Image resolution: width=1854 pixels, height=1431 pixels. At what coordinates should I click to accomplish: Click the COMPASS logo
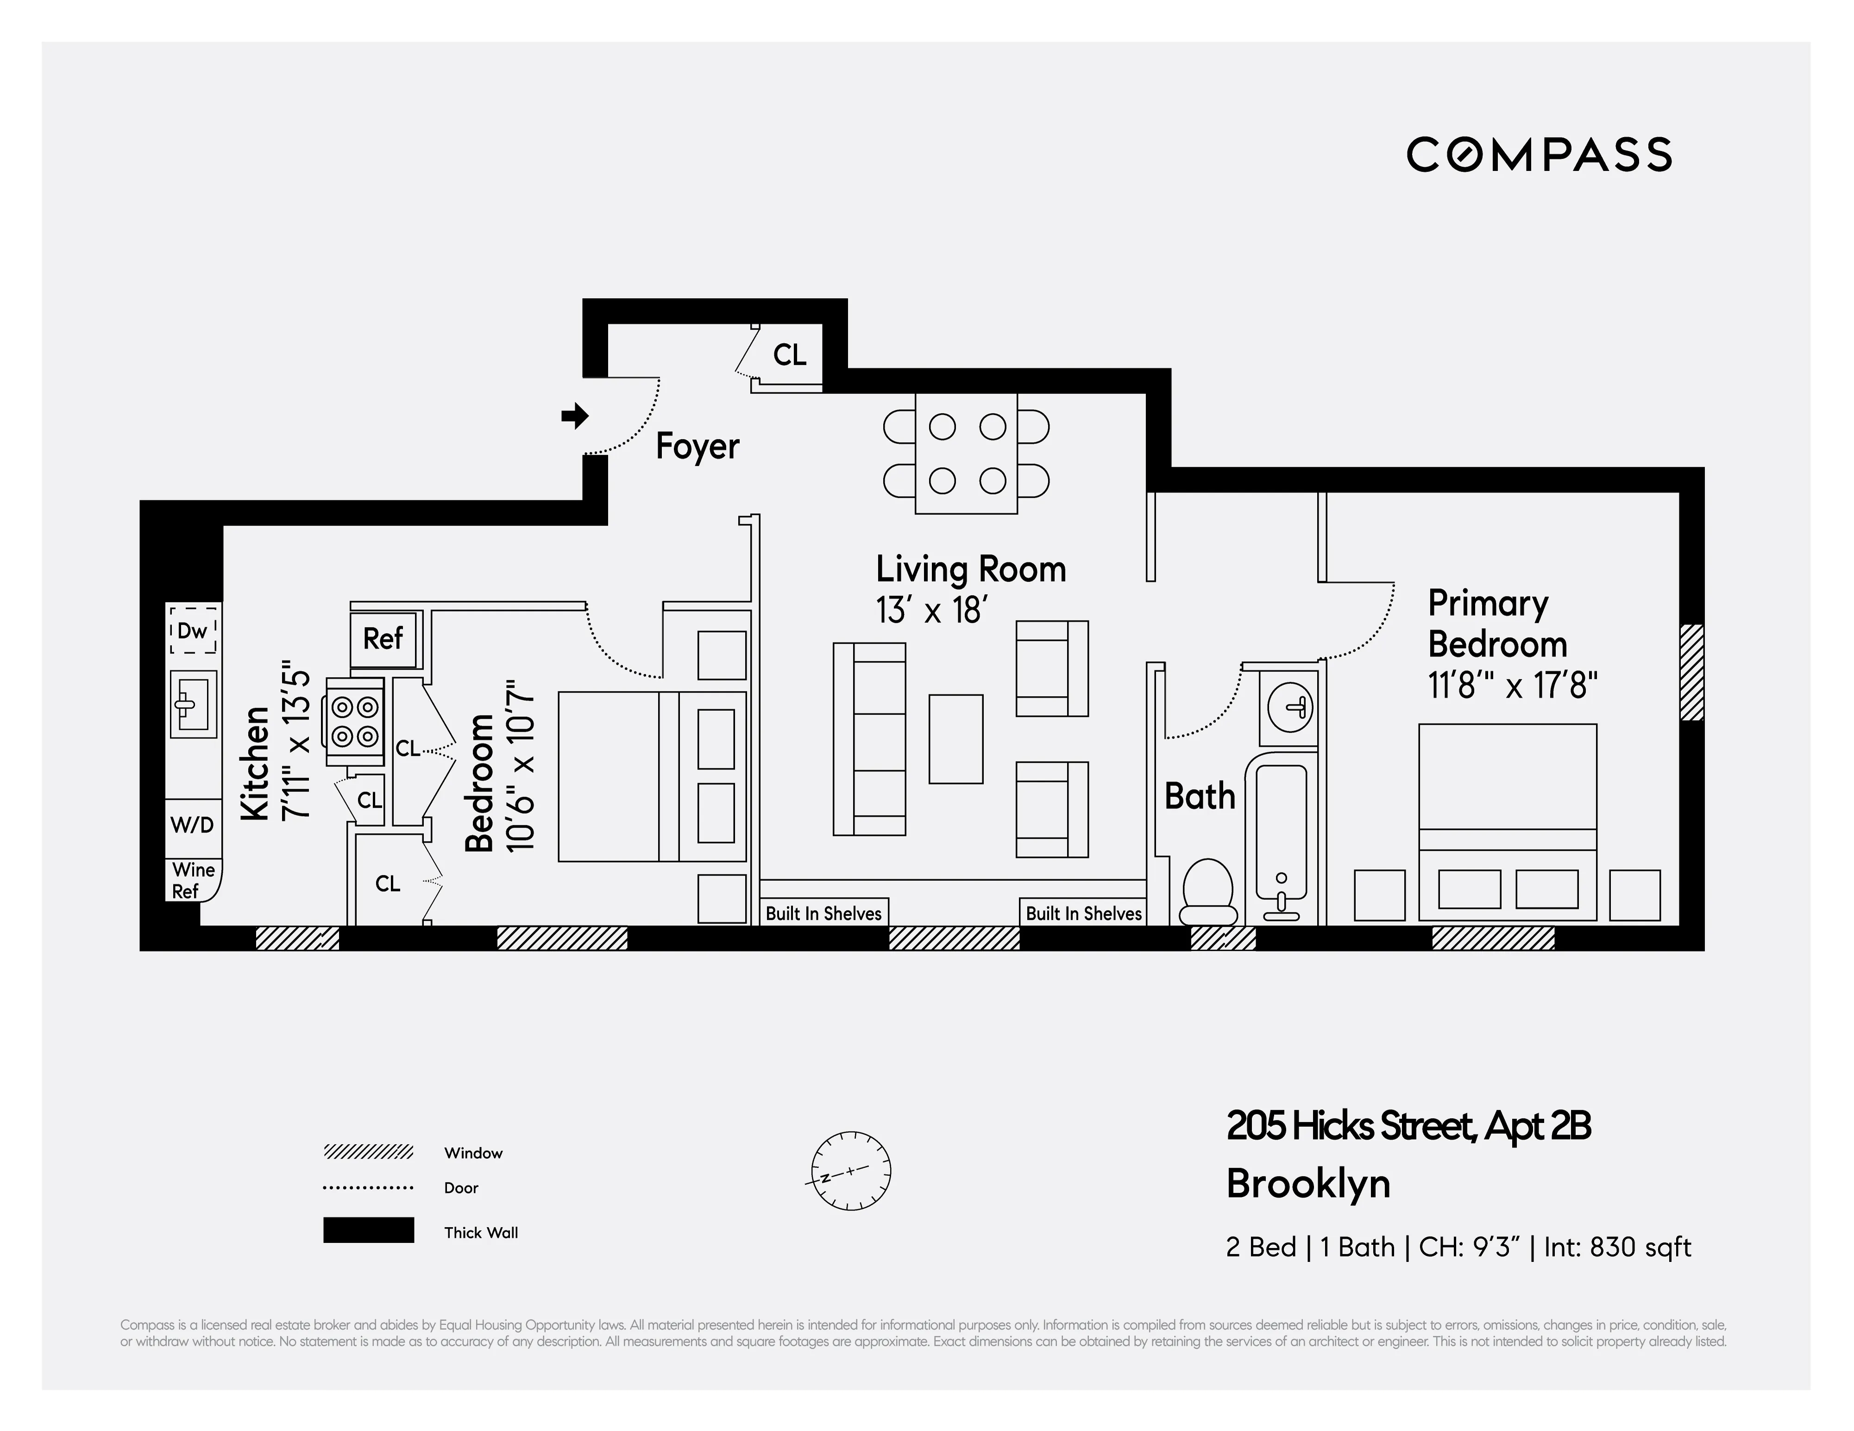(x=1538, y=155)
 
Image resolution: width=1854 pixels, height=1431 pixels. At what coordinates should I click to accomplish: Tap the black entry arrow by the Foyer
(x=575, y=416)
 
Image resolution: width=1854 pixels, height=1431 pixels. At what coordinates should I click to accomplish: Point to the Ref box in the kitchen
(x=383, y=638)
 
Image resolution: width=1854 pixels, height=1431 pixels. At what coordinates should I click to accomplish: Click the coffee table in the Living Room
(x=956, y=738)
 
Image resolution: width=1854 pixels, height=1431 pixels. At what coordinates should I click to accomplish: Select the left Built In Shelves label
(x=823, y=913)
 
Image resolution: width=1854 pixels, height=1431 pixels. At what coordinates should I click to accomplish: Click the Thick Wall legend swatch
(x=368, y=1230)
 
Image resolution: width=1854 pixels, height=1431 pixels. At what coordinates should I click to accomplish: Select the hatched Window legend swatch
(x=368, y=1152)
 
